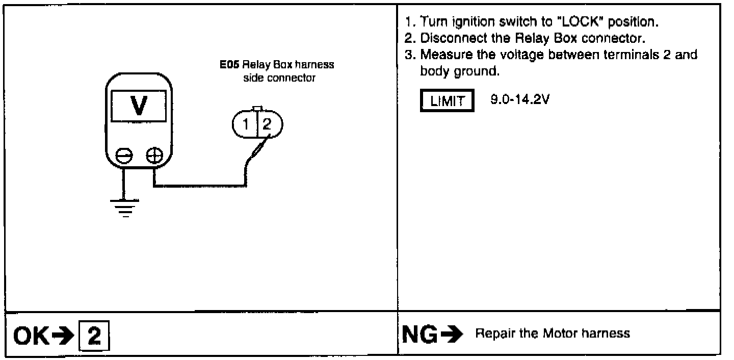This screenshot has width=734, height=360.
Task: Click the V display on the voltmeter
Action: [x=137, y=106]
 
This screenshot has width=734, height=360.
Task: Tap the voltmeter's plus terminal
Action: [x=153, y=155]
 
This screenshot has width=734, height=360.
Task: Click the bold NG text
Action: [x=417, y=335]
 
